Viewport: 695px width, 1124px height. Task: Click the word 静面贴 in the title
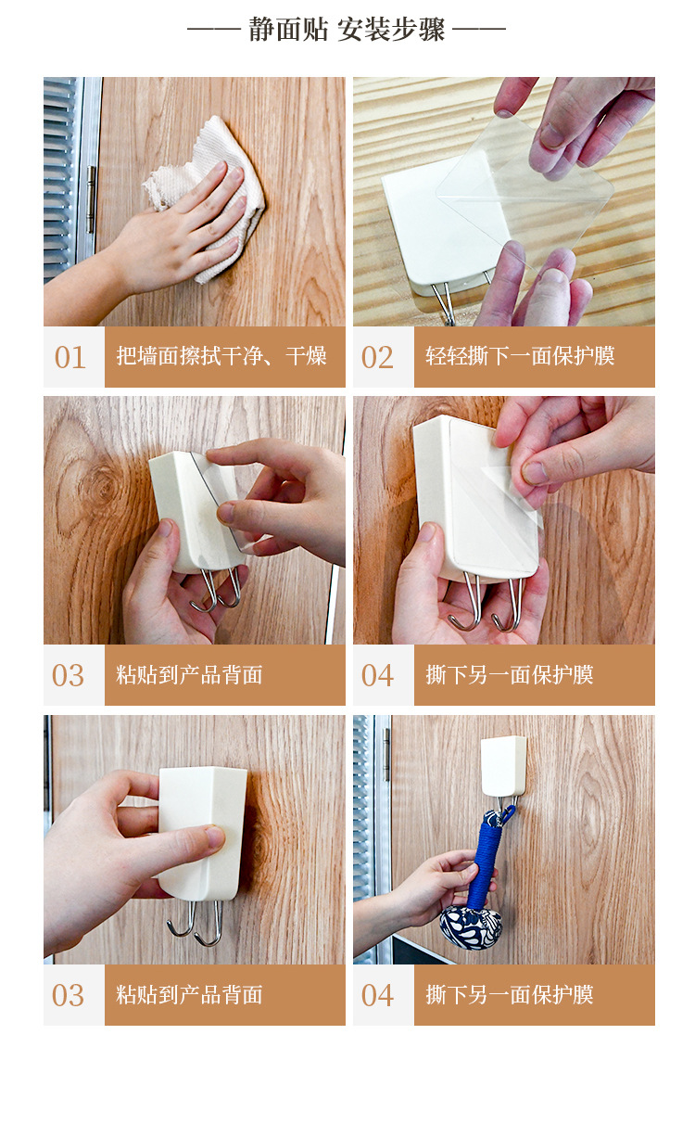[288, 29]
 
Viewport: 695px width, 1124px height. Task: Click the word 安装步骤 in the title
[391, 29]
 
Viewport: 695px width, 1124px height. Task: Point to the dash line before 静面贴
[214, 29]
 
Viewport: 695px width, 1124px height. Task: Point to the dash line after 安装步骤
[479, 29]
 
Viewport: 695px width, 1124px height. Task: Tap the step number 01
[69, 357]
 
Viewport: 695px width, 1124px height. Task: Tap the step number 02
[377, 357]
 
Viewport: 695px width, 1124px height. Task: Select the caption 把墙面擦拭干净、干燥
[221, 356]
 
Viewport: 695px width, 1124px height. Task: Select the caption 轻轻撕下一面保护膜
[520, 356]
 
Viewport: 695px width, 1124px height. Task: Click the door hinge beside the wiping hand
[91, 198]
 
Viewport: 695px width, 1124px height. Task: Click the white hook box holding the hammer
[503, 765]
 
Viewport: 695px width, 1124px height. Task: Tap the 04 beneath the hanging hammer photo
[377, 995]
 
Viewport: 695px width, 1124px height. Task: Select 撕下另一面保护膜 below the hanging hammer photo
[510, 994]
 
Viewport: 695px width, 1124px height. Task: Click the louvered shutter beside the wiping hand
[60, 178]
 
